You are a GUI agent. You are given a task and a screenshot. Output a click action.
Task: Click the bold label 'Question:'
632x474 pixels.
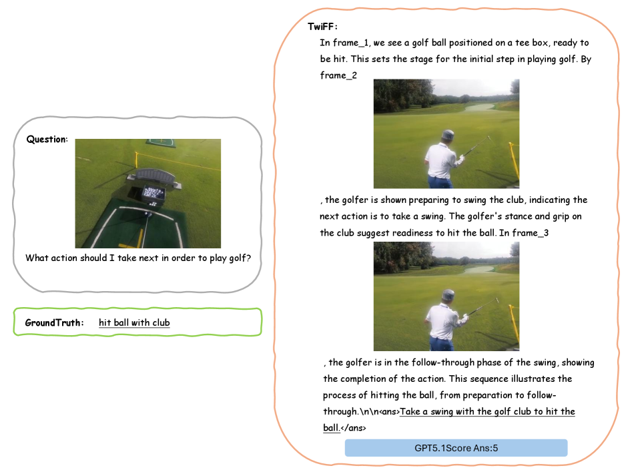pos(47,140)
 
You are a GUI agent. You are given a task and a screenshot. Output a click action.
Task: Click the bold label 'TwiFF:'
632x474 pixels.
pos(322,27)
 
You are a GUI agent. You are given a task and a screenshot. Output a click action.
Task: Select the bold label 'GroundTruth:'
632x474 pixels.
pos(54,322)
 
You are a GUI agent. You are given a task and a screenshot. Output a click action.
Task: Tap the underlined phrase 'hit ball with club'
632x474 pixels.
pos(134,322)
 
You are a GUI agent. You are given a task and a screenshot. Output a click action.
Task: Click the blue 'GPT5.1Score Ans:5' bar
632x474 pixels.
pos(456,448)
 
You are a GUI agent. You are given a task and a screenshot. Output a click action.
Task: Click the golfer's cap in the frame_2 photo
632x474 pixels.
pos(447,134)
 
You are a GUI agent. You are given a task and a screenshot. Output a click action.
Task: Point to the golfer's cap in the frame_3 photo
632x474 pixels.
pos(448,294)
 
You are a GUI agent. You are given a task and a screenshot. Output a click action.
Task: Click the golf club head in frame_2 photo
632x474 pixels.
pos(489,138)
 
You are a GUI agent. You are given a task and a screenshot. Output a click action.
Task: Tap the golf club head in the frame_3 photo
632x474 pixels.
pos(497,300)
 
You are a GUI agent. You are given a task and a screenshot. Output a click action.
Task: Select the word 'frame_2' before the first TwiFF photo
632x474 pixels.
pos(338,75)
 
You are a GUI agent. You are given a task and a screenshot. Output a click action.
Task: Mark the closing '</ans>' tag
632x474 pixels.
pos(353,428)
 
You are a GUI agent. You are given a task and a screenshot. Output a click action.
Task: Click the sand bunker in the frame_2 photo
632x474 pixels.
pos(479,107)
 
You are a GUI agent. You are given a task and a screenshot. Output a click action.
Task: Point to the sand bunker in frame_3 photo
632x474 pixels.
pos(479,269)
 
